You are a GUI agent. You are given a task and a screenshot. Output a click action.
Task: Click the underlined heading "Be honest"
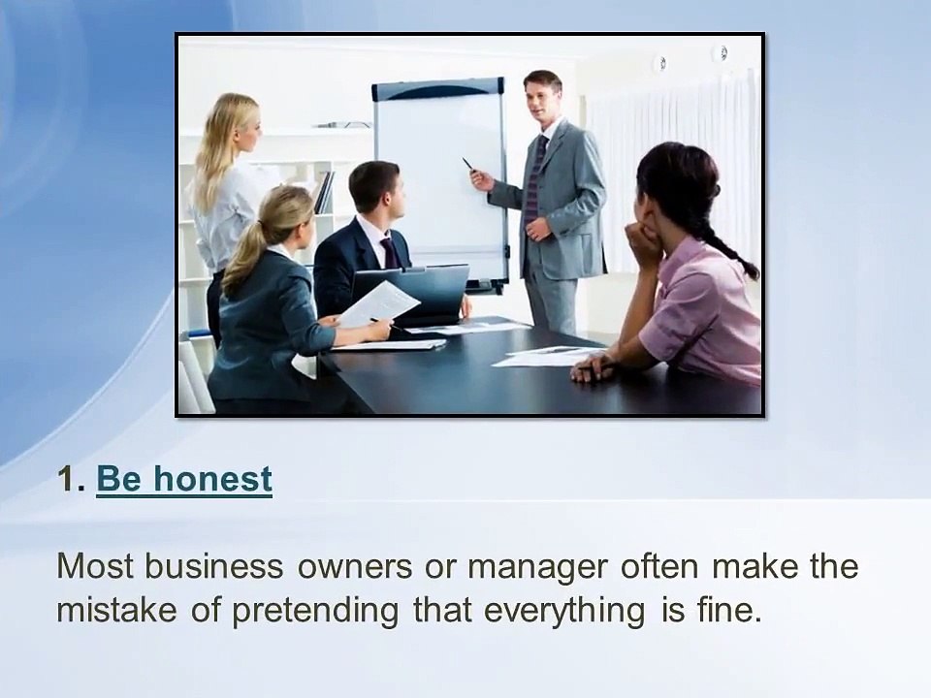click(x=184, y=479)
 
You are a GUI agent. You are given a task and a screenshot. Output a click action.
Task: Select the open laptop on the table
click(x=412, y=291)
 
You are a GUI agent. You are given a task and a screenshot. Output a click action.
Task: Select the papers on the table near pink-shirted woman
click(x=543, y=357)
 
